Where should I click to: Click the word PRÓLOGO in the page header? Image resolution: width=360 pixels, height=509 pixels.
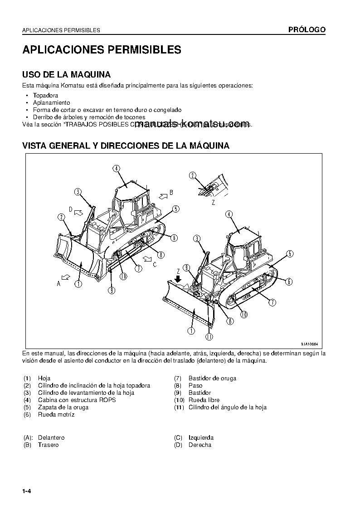pyautogui.click(x=307, y=30)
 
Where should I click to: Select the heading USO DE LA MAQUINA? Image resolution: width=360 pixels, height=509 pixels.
pyautogui.click(x=67, y=74)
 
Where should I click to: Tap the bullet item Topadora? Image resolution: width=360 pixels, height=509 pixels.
pyautogui.click(x=45, y=96)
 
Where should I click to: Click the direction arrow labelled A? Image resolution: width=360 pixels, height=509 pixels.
pyautogui.click(x=66, y=276)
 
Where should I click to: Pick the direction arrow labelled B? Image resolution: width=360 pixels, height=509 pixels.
pyautogui.click(x=162, y=195)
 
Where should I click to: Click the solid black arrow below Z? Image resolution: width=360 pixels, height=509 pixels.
pyautogui.click(x=179, y=279)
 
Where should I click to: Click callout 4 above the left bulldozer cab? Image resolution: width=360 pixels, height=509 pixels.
pyautogui.click(x=117, y=169)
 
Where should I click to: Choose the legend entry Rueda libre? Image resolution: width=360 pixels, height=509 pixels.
pyautogui.click(x=204, y=400)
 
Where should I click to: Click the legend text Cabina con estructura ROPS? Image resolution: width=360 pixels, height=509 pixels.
pyautogui.click(x=77, y=400)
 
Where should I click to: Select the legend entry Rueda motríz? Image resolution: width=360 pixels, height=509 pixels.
pyautogui.click(x=56, y=415)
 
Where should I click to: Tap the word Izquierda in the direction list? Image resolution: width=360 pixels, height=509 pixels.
pyautogui.click(x=201, y=438)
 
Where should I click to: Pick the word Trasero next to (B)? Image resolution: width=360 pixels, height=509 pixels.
pyautogui.click(x=48, y=445)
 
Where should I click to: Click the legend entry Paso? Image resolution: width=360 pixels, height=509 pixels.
pyautogui.click(x=195, y=386)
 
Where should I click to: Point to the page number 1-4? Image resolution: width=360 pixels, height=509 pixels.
pyautogui.click(x=28, y=492)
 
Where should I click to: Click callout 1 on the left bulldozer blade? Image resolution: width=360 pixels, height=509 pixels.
pyautogui.click(x=78, y=284)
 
